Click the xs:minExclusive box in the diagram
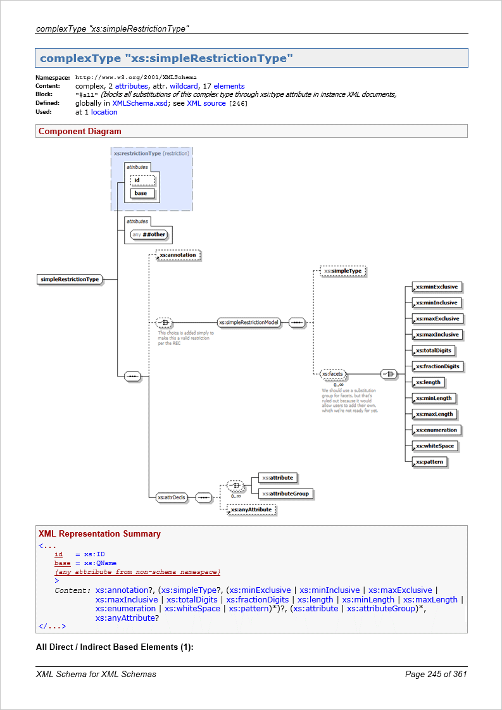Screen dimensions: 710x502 point(436,287)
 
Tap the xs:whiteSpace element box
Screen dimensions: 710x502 point(435,446)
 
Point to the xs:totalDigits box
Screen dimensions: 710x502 point(434,351)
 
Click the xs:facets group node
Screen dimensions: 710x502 point(332,375)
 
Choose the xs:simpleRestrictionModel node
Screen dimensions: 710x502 point(249,322)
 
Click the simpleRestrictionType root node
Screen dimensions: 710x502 point(70,279)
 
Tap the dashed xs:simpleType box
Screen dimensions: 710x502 point(344,271)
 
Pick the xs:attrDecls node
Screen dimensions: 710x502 point(171,497)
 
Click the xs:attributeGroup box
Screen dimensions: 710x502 point(286,494)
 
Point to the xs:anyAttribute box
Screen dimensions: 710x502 point(251,509)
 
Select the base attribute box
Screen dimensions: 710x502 point(142,193)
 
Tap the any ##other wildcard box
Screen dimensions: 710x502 point(151,235)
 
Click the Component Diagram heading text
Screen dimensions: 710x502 point(80,132)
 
